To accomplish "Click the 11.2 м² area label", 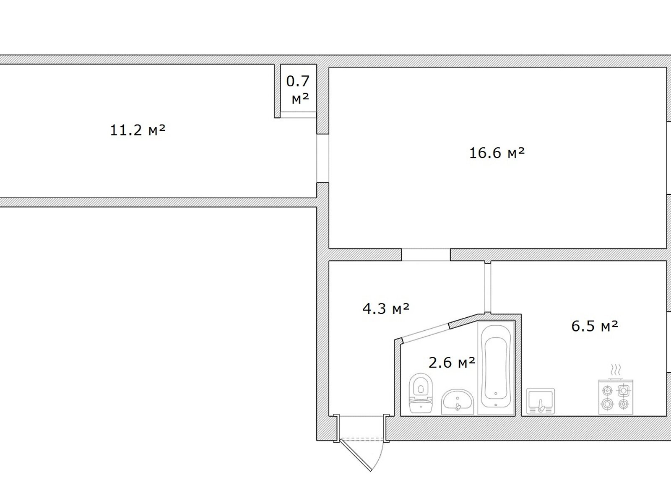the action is point(138,130).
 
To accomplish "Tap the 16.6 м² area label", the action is point(497,153).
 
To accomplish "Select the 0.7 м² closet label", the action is point(298,90).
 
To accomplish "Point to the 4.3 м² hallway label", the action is point(386,309).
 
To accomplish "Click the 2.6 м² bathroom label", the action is point(452,363).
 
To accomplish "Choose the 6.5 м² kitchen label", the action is point(595,326).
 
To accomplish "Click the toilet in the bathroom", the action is point(421,393).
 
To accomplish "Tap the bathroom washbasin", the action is point(457,402).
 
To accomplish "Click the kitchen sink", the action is point(541,401).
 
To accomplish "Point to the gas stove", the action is point(616,397).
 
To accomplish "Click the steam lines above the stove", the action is point(616,370).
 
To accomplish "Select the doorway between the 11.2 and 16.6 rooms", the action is point(322,158).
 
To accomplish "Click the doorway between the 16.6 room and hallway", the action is point(426,254).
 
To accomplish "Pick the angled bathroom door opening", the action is point(425,332).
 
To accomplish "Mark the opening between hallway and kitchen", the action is point(488,288).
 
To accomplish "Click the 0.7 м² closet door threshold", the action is point(298,114).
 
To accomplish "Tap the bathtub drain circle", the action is point(496,394).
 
